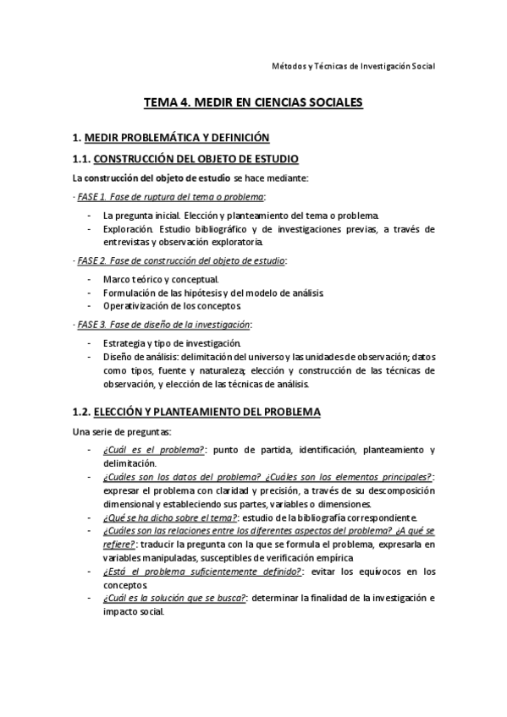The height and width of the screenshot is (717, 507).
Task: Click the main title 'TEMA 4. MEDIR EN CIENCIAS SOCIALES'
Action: (253, 103)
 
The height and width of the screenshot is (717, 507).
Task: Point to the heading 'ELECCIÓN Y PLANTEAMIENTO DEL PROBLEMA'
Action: (207, 413)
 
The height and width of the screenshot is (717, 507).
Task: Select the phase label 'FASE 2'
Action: (91, 260)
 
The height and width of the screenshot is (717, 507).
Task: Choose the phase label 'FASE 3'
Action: (91, 324)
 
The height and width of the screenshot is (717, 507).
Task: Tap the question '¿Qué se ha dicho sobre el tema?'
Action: (170, 517)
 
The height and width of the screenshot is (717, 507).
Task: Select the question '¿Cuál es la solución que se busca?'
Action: (174, 598)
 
